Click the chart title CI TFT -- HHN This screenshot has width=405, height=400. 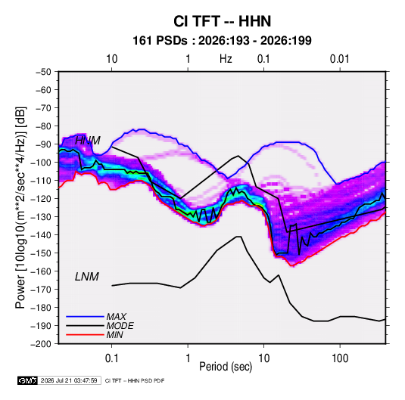(222, 21)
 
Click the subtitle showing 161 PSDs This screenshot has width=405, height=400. (222, 41)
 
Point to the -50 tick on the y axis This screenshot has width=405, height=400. (43, 72)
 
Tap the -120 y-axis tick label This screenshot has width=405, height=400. (42, 199)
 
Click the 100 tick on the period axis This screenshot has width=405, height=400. (340, 358)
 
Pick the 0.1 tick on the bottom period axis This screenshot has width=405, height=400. (112, 358)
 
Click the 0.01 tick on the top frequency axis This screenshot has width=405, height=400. (340, 59)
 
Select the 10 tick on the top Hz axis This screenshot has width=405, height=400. (112, 59)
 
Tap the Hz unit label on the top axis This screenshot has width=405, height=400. (226, 59)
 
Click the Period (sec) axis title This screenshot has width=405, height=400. (226, 367)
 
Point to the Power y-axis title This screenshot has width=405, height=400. (20, 208)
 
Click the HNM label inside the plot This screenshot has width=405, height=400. (88, 141)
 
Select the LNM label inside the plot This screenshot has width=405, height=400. (87, 277)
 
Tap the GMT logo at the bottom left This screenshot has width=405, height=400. (27, 380)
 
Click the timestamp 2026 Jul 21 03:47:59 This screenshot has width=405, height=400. (69, 380)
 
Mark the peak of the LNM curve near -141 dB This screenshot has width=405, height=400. (238, 237)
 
